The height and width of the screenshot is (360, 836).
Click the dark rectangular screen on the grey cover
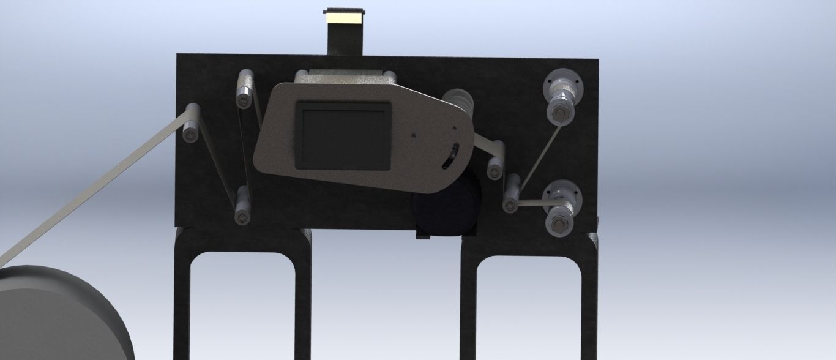point(343,135)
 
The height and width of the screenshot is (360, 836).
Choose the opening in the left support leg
point(243,306)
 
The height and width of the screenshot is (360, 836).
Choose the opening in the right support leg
point(528,306)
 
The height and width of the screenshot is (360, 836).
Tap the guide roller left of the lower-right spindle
point(510,193)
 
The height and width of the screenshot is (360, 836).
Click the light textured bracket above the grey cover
point(346,76)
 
